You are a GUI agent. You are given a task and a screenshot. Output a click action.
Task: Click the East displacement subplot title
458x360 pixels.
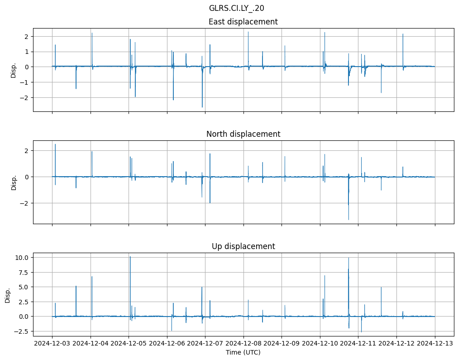coord(243,22)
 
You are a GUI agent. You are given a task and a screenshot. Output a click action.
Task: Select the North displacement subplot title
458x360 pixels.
coord(243,134)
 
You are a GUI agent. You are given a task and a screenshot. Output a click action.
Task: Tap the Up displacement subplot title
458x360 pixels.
coord(243,246)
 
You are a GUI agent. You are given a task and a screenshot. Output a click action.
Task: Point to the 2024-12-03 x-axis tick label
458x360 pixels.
coord(52,343)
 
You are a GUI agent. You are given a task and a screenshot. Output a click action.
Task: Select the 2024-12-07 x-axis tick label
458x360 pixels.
coord(205,343)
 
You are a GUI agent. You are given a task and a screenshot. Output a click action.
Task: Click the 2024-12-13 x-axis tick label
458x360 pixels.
coord(435,343)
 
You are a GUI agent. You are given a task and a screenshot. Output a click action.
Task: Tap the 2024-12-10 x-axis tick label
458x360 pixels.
coord(320,343)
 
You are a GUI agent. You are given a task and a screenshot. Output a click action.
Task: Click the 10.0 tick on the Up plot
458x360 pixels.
coord(22,258)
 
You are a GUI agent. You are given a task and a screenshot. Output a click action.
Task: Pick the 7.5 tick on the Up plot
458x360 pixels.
coord(24,272)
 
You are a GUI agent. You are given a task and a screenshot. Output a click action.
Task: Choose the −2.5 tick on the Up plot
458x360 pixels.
coord(22,331)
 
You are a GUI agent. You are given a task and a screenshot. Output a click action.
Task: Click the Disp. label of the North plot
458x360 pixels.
coord(14,182)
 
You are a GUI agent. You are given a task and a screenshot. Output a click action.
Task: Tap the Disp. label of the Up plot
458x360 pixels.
coord(8,294)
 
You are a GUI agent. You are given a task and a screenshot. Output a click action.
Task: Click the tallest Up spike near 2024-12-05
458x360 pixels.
coord(130,257)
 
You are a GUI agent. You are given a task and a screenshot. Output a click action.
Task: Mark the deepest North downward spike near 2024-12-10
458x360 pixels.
coord(348,220)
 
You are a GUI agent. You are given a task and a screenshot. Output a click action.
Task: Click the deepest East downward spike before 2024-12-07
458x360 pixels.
coord(202,107)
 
